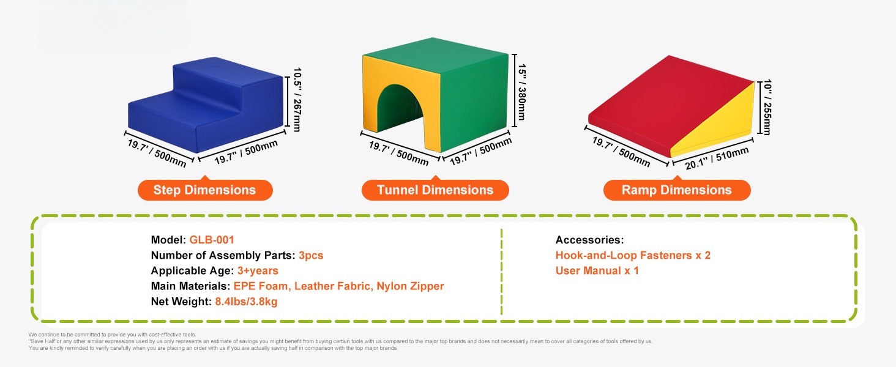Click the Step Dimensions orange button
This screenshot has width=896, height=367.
205,190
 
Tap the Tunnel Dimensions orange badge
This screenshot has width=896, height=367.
435,190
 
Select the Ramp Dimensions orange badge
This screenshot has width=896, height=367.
677,190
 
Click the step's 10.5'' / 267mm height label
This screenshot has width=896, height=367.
297,100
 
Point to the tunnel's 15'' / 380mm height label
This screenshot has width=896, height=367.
522,92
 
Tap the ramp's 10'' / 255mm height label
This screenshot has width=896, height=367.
767,107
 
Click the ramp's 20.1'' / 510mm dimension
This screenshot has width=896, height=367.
717,158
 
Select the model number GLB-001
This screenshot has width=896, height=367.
212,240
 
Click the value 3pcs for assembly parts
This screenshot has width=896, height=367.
311,256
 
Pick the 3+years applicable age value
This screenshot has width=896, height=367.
258,270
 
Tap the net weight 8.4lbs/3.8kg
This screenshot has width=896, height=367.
246,302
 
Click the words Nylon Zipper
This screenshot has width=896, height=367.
410,286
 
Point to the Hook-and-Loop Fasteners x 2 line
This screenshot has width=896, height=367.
633,256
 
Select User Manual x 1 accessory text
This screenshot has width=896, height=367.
597,270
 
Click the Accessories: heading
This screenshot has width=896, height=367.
589,240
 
